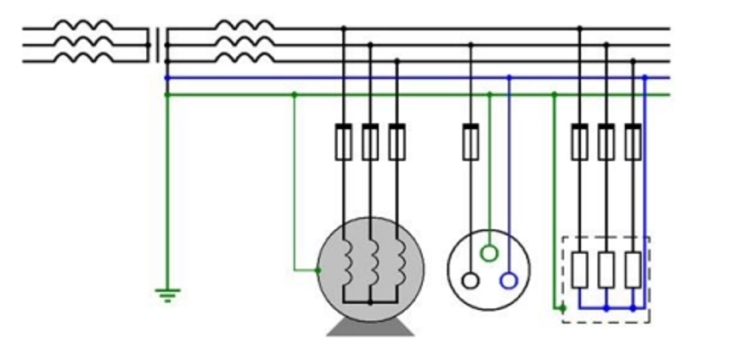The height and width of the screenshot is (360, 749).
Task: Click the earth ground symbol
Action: (167, 295)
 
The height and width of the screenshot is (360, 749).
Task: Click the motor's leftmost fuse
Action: (344, 142)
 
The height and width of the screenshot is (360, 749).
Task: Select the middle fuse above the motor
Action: (370, 142)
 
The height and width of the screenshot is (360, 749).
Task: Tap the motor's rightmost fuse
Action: (397, 142)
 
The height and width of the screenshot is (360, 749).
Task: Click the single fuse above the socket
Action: (470, 142)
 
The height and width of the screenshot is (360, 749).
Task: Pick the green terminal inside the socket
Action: (489, 253)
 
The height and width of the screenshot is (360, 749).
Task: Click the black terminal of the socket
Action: (470, 280)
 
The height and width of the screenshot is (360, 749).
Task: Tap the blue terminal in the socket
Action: (509, 280)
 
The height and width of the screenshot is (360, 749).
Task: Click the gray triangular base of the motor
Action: (371, 328)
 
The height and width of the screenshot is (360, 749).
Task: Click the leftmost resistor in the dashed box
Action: (580, 270)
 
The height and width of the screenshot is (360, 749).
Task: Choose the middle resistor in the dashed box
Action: (605, 270)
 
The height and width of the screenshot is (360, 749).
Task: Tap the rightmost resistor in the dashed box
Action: (632, 270)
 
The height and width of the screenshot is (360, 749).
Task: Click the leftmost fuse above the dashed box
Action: (580, 142)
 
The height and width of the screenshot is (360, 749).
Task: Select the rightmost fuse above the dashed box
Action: (632, 142)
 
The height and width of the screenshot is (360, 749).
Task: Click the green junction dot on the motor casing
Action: (318, 271)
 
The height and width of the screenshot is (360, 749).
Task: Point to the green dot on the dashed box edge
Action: (562, 308)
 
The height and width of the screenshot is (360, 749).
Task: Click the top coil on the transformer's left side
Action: (83, 26)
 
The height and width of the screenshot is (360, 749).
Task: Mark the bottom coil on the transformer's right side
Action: (245, 59)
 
